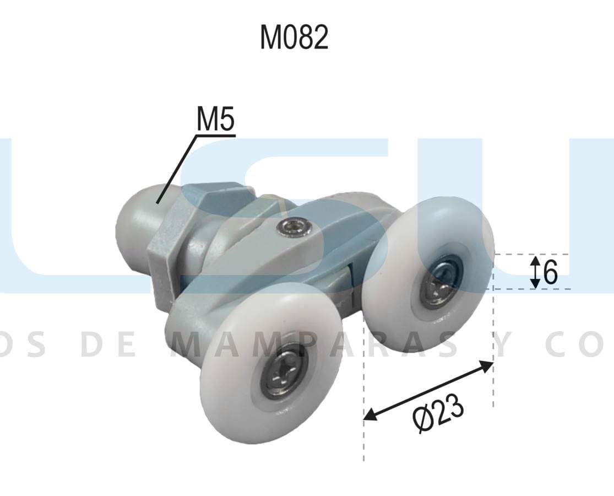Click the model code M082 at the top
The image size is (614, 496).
[x=294, y=37]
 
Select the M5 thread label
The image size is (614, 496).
[x=215, y=120]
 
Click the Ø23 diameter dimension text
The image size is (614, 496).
[x=438, y=413]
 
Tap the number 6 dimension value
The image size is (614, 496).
[x=550, y=272]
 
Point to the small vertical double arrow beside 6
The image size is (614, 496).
[x=534, y=272]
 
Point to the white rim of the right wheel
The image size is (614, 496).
[x=474, y=231]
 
